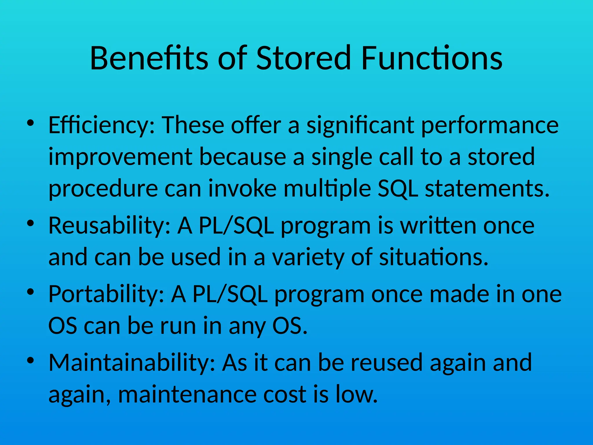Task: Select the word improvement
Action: pos(120,157)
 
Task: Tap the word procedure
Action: pos(103,189)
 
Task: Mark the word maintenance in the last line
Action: pos(187,394)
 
